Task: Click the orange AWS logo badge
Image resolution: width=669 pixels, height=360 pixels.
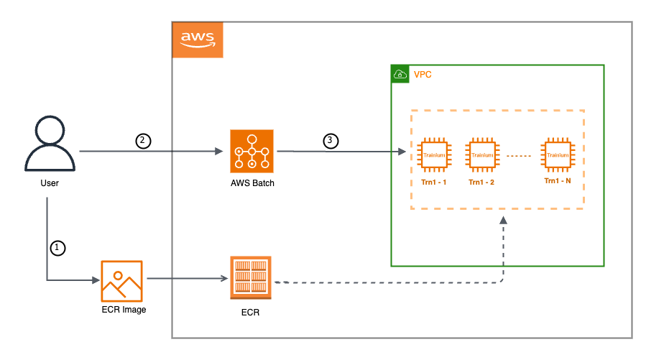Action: click(198, 40)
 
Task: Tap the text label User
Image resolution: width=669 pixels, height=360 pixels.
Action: click(50, 183)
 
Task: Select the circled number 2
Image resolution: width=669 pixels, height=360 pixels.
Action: click(143, 141)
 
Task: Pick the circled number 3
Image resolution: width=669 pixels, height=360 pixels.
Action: click(330, 141)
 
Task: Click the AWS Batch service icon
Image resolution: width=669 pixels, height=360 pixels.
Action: click(252, 151)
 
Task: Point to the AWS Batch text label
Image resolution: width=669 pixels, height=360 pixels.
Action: click(252, 183)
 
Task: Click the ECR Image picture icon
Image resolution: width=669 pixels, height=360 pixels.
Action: click(121, 281)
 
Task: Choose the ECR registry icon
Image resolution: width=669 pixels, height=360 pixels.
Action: click(251, 277)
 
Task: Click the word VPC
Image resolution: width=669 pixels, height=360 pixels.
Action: click(423, 74)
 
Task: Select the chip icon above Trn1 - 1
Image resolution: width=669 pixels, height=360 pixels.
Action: click(433, 155)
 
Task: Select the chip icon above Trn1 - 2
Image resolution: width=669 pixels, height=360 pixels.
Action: click(482, 155)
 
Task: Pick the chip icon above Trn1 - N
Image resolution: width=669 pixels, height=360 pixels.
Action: click(558, 155)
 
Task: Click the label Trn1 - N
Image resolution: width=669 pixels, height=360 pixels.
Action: click(558, 180)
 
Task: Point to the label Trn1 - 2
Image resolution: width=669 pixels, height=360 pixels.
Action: click(482, 183)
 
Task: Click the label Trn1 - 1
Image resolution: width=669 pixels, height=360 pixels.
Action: click(433, 183)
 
